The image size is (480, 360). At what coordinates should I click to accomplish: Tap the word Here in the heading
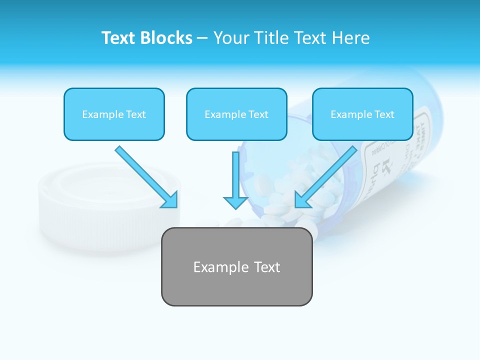352,38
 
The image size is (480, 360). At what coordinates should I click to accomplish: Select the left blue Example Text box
114,114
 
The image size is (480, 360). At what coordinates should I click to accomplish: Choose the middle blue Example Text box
236,114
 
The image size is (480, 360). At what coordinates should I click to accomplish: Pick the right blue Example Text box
362,114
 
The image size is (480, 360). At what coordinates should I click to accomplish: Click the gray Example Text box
236,266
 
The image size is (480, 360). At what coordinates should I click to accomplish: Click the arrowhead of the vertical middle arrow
235,202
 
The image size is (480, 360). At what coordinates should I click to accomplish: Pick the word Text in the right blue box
383,114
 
